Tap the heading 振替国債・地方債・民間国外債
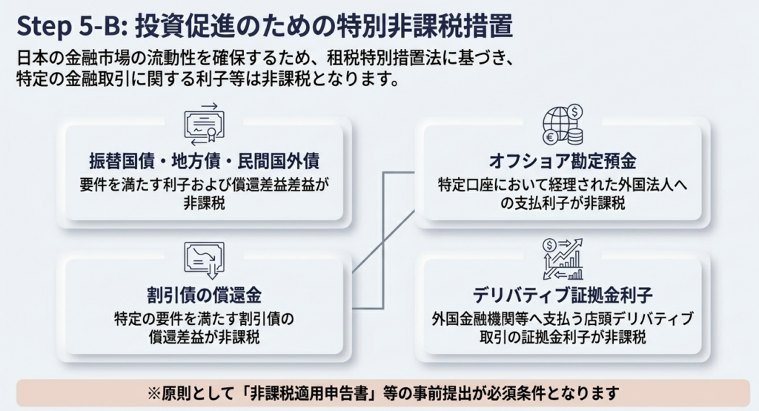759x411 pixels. pos(203,161)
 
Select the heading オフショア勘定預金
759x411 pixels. pos(563,161)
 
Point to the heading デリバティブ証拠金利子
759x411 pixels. pos(563,296)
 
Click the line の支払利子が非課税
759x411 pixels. pos(563,203)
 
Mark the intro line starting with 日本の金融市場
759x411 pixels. pos(270,57)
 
